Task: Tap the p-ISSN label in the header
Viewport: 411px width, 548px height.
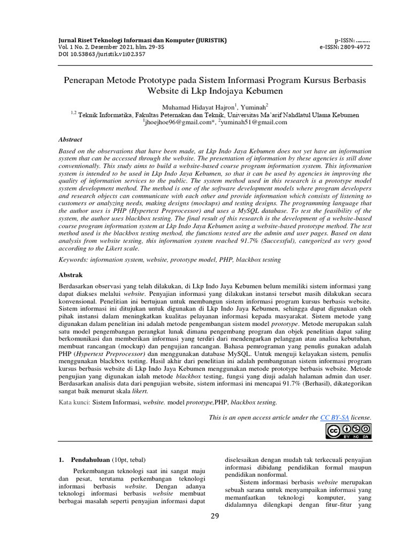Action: pos(345,40)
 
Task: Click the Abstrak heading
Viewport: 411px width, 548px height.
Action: pos(70,274)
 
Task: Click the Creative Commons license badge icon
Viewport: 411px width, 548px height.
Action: pos(348,431)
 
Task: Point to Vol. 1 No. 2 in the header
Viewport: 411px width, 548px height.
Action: pos(76,47)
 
